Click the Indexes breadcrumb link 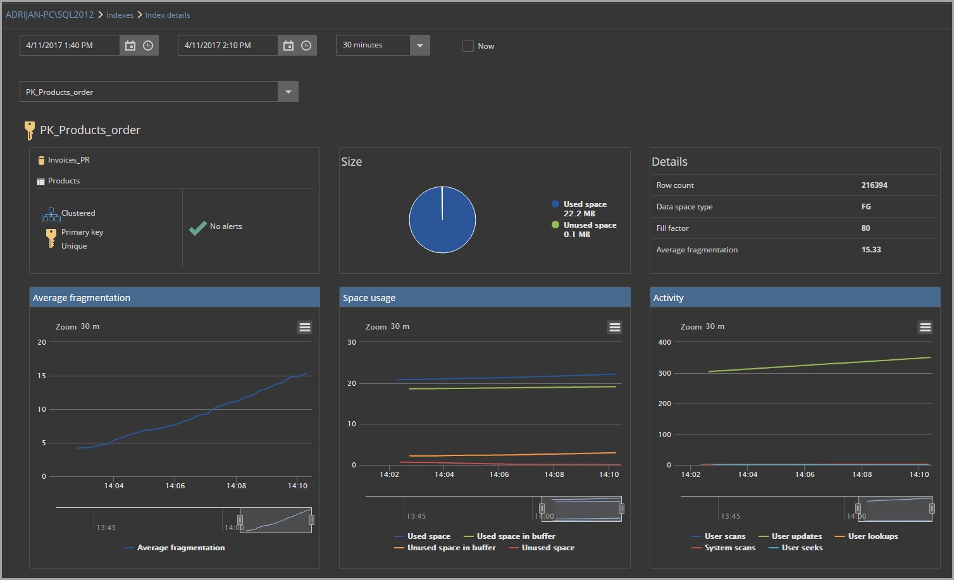coord(120,15)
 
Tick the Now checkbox coord(468,46)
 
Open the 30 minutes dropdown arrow coord(420,46)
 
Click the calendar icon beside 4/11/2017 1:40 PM coord(130,46)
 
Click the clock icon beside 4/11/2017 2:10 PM coord(306,46)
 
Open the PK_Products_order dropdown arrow coord(288,92)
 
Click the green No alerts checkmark coord(198,227)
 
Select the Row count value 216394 coord(874,185)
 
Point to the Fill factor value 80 coord(865,228)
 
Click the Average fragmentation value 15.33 coord(870,250)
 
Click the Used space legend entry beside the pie coord(585,204)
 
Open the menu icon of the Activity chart coord(925,327)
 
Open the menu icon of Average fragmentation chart coord(304,327)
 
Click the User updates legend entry coord(796,536)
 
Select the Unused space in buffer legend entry coord(451,548)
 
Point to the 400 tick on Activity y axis coord(664,342)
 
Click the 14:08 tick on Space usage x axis coord(554,474)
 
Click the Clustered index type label coord(78,213)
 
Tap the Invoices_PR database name coord(68,160)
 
